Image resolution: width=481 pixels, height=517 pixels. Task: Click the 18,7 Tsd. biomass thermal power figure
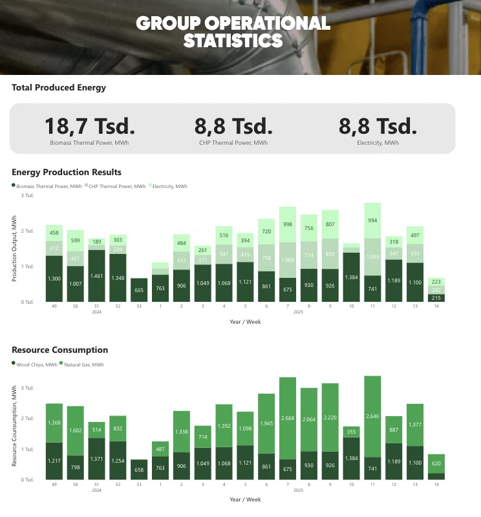point(90,125)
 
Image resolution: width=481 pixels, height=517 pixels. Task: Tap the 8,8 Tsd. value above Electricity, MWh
point(378,125)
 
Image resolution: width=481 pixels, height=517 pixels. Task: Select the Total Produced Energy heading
point(59,87)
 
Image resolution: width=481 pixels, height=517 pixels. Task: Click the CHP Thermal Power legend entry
point(117,186)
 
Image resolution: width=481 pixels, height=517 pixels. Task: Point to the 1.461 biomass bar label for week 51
point(97,275)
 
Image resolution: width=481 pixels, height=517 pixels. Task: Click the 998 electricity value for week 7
point(288,224)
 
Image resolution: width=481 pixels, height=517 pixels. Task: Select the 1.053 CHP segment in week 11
point(372,257)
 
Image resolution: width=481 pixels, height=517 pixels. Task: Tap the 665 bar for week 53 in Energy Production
point(139,290)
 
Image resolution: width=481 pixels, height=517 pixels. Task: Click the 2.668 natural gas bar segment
point(288,418)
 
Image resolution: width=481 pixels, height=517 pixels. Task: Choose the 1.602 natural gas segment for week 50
point(76,430)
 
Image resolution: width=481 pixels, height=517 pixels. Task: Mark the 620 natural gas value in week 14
point(436,463)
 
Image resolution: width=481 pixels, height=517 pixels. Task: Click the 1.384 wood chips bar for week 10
point(351,458)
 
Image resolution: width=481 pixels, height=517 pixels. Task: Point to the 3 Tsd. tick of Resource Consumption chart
point(27,388)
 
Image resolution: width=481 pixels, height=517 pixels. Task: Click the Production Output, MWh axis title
point(14,249)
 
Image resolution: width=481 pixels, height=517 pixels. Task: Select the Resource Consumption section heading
point(60,350)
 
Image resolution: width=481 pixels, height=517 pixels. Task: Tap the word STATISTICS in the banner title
point(233,41)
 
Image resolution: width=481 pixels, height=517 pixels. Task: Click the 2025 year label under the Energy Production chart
point(298,312)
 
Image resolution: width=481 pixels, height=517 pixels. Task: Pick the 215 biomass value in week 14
point(436,298)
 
